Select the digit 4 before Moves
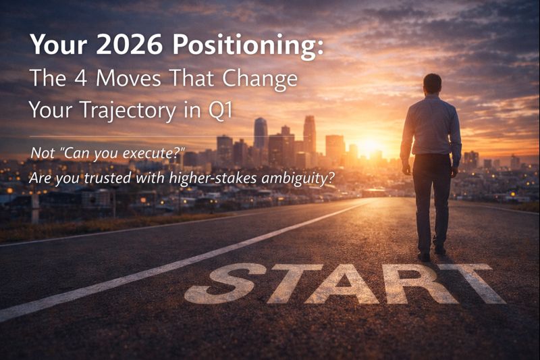click(x=76, y=78)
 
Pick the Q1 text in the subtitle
click(x=219, y=109)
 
